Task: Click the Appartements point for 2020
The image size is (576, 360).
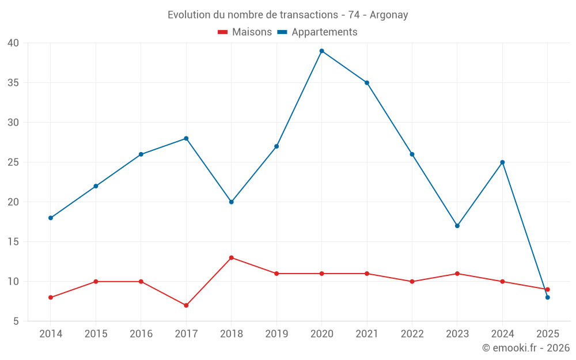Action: coord(321,51)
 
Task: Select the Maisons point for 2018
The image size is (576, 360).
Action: coord(231,257)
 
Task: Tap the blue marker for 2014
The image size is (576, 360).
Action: coord(51,218)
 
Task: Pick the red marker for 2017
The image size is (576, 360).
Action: coord(186,305)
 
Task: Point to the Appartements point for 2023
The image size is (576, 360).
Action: coord(457,226)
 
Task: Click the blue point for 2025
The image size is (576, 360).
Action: coord(547,297)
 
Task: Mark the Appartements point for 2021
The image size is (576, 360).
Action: coord(366,82)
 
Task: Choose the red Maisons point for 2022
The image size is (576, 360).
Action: coord(412,282)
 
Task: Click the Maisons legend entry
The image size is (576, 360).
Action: coord(245,32)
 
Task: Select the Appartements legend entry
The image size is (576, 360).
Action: coord(317,32)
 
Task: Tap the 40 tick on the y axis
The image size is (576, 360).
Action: coord(13,43)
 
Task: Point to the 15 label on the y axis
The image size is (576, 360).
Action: coord(13,242)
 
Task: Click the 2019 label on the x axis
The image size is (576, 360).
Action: coord(276,334)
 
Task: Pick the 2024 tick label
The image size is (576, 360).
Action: coord(502,334)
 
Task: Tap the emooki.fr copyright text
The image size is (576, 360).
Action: coord(525,348)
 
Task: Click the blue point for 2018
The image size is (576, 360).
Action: coord(231,202)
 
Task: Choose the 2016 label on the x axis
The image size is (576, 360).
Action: coord(141,334)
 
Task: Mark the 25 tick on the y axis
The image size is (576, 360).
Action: coord(13,162)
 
